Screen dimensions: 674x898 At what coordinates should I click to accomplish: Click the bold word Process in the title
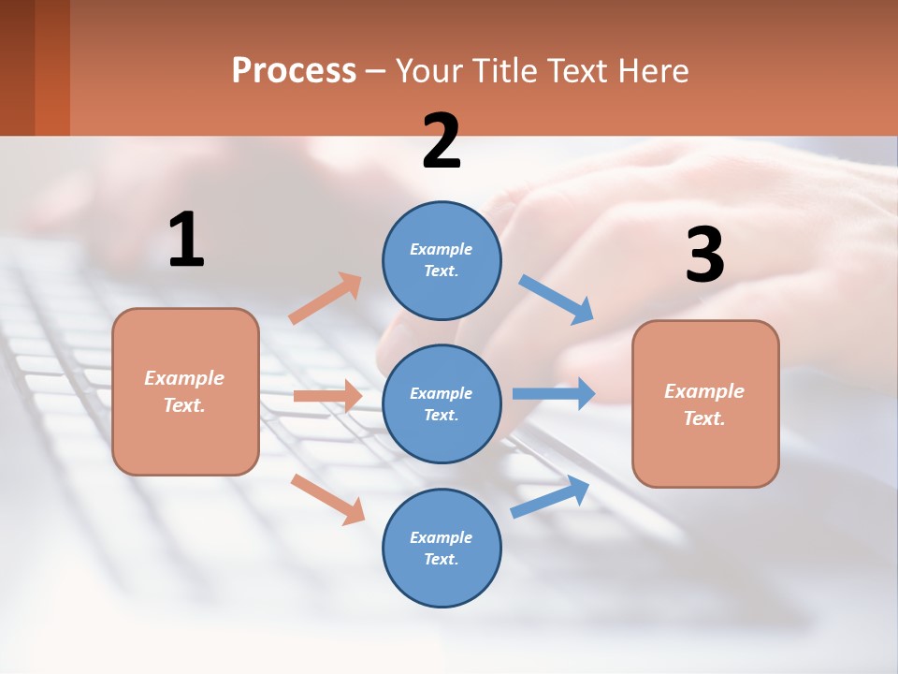pos(294,71)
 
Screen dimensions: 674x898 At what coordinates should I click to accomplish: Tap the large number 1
pos(186,241)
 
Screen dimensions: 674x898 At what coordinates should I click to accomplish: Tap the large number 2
pos(442,141)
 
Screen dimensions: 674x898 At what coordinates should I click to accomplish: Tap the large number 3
pos(704,256)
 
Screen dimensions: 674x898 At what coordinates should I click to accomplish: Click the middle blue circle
pos(442,403)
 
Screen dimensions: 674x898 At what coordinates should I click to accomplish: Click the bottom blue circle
pos(442,548)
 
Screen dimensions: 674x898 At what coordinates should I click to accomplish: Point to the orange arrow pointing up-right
pos(326,299)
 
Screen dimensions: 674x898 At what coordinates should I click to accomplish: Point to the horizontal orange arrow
pos(326,396)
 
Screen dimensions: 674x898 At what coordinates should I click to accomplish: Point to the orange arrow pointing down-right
pos(327,498)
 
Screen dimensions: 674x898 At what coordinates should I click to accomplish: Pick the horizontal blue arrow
pos(553,393)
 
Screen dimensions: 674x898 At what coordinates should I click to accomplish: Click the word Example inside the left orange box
pos(184,378)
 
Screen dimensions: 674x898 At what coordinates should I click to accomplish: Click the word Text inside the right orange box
pos(703,418)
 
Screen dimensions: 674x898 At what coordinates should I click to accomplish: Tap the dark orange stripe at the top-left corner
pos(52,67)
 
